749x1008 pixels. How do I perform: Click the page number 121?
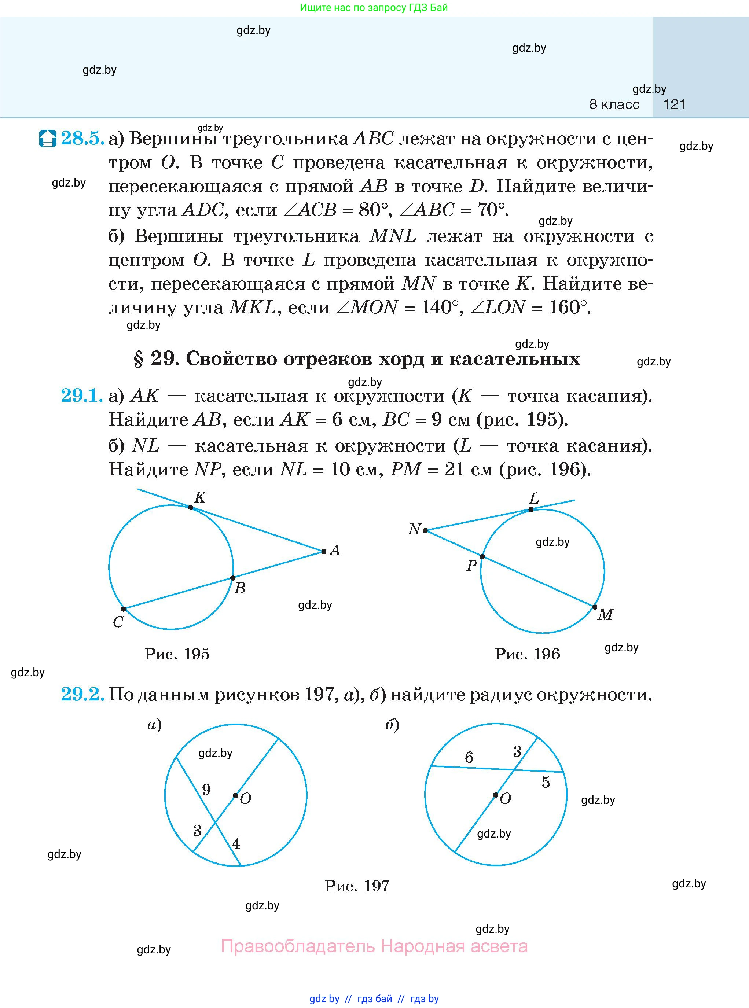tap(674, 105)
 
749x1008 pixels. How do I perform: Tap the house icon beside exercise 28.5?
tap(48, 138)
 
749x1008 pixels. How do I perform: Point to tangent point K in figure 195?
tap(191, 508)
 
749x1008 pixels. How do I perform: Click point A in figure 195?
tap(324, 552)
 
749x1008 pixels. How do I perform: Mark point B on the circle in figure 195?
tap(232, 578)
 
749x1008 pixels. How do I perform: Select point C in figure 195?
tap(123, 609)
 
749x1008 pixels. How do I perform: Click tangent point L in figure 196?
tap(531, 509)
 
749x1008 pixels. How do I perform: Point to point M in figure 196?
tap(595, 606)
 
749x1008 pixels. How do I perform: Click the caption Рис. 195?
tap(177, 654)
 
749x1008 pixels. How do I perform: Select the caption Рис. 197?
tap(357, 886)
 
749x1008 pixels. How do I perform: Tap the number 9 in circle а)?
tap(206, 790)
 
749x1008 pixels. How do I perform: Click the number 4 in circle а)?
tap(236, 843)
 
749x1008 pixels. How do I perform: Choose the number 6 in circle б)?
tap(469, 757)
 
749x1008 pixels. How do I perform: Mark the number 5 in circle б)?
tap(546, 782)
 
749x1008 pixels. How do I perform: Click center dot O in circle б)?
tap(496, 795)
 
